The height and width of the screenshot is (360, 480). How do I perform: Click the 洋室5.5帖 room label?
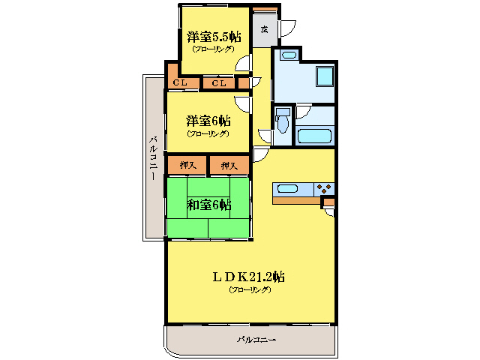(214, 37)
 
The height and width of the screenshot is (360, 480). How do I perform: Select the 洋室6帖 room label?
(208, 121)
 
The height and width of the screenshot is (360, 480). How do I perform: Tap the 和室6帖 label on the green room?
(208, 205)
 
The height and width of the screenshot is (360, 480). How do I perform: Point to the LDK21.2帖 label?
(247, 276)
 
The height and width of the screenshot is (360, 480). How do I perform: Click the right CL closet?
(219, 83)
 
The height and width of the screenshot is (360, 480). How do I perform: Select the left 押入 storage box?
(187, 165)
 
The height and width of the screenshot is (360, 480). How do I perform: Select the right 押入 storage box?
(229, 165)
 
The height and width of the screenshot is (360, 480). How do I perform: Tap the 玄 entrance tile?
(264, 29)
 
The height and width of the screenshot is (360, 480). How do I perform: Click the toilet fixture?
(283, 121)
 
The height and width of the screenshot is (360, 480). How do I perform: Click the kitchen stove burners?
(324, 189)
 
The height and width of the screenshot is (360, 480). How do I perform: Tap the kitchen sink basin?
(288, 189)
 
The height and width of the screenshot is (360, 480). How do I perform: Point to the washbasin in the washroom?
(288, 55)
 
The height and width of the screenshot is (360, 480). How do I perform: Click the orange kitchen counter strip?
(296, 201)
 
